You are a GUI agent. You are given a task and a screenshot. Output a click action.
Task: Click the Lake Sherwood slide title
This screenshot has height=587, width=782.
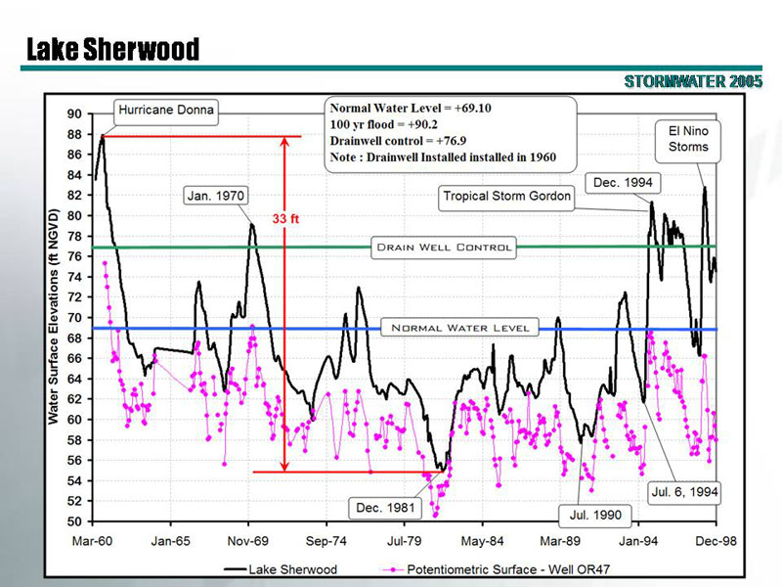(x=112, y=49)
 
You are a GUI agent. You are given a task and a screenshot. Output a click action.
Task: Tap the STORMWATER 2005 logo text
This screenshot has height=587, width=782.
(x=693, y=81)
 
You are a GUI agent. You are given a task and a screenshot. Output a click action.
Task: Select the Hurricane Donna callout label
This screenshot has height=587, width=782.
(x=166, y=110)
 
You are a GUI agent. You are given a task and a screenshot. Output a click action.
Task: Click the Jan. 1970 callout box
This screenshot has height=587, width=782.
(x=215, y=196)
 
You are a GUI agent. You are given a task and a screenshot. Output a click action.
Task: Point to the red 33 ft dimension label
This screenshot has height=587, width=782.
(x=286, y=219)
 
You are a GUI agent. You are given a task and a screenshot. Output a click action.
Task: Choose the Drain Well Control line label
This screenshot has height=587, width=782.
(x=445, y=248)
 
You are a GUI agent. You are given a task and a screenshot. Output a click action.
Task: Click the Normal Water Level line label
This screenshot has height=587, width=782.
(x=459, y=327)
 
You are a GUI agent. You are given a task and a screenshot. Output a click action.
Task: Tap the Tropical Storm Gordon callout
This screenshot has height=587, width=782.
(x=506, y=196)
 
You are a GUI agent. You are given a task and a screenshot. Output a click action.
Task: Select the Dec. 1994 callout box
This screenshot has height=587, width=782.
(x=624, y=182)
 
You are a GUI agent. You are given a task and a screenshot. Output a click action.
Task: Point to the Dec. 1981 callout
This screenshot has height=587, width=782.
(x=386, y=508)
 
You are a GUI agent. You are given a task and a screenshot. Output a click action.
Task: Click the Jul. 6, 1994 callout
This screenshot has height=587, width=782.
(x=684, y=492)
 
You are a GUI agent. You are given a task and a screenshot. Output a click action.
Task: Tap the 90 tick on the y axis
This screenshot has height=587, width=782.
(x=74, y=113)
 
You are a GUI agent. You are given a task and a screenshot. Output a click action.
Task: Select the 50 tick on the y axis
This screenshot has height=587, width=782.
(x=74, y=521)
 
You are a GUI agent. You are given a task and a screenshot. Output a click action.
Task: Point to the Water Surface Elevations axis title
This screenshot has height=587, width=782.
(x=55, y=316)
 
